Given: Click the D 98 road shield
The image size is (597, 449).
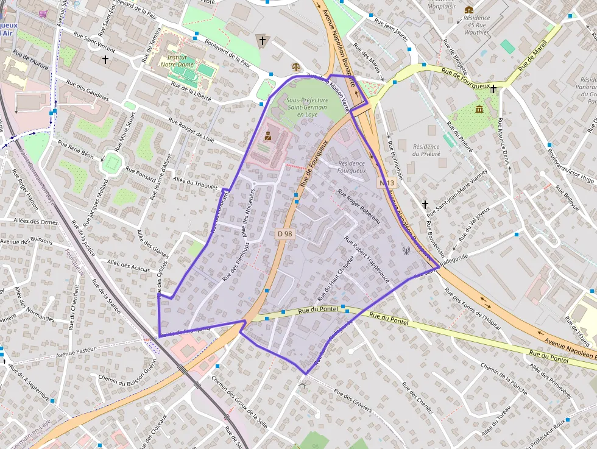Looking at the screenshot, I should coord(284,233).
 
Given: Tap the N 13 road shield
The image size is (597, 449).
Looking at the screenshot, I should coord(387,183).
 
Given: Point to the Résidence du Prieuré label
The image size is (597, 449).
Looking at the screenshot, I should coord(426,150).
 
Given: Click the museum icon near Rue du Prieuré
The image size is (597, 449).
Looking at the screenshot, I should coord(480,109).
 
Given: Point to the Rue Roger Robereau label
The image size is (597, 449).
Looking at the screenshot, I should coord(358,206).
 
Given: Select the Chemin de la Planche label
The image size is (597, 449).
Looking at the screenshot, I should coord(504,378).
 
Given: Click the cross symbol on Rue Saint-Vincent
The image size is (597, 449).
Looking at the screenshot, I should coord(105,60).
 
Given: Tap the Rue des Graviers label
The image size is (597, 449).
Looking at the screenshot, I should coord(353,401).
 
